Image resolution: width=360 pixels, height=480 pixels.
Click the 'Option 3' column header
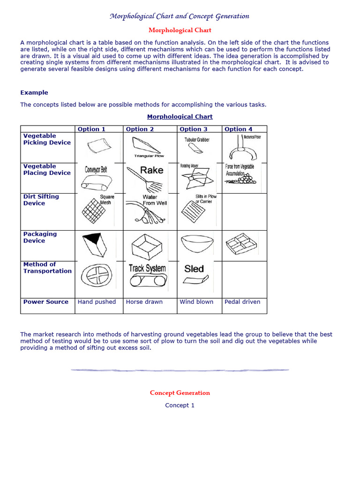point(194,129)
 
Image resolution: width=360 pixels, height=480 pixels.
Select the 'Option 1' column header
point(91,129)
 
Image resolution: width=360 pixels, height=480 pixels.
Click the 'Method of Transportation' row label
point(47,268)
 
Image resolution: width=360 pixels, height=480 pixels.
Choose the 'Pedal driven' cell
point(242,302)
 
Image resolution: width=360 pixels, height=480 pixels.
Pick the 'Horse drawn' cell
point(144,302)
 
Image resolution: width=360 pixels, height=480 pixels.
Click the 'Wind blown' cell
point(196,302)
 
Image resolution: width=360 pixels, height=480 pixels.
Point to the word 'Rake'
point(152,170)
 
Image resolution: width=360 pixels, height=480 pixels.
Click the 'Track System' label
point(147,269)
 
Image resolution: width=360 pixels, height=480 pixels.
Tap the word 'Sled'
point(194,269)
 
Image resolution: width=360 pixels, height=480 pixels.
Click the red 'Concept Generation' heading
point(180,393)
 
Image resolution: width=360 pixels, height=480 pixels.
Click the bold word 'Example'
point(34,93)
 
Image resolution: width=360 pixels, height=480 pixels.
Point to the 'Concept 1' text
point(180,405)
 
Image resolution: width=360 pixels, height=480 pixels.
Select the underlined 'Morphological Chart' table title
point(180,117)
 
